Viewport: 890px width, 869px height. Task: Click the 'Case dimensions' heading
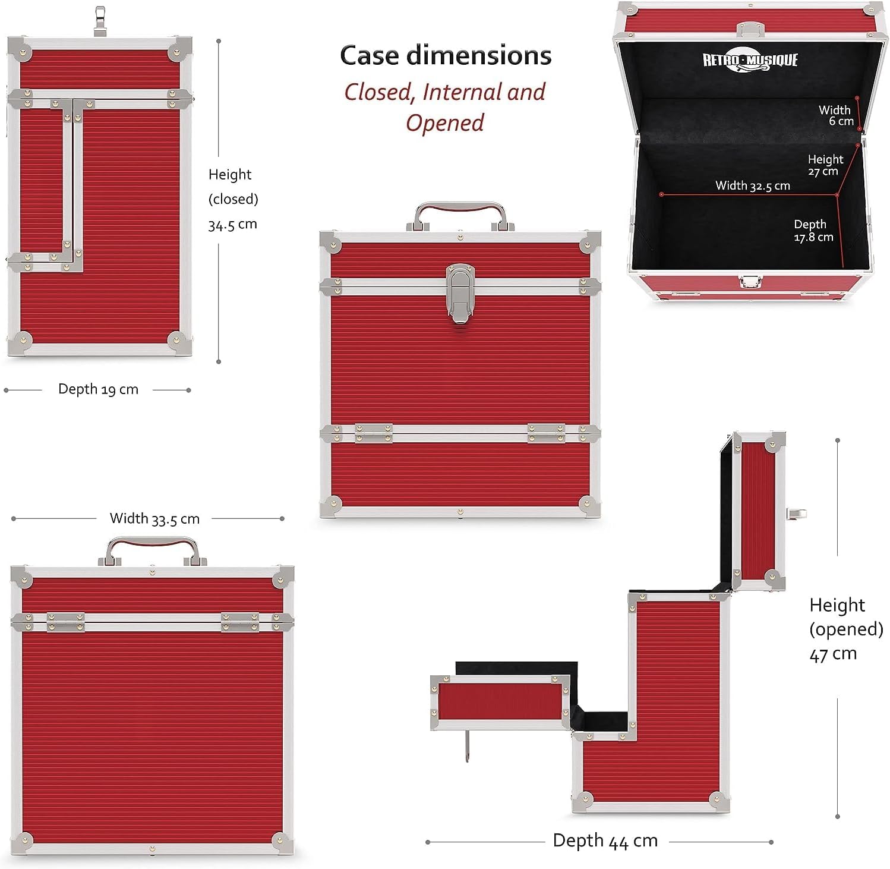pyautogui.click(x=446, y=55)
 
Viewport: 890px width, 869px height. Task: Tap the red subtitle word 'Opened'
pyautogui.click(x=445, y=123)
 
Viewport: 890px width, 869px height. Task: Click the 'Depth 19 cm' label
pyautogui.click(x=98, y=389)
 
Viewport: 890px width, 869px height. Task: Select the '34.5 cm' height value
pyautogui.click(x=232, y=225)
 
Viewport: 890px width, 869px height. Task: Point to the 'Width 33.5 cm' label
pyautogui.click(x=154, y=519)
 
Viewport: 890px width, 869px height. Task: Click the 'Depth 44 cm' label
pyautogui.click(x=605, y=840)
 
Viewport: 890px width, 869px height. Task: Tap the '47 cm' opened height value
pyautogui.click(x=833, y=654)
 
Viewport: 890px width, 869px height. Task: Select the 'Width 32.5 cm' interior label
pyautogui.click(x=753, y=185)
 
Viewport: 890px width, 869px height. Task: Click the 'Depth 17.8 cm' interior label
pyautogui.click(x=813, y=231)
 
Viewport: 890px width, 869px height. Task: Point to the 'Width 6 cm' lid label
pyautogui.click(x=836, y=115)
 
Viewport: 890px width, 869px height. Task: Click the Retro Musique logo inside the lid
pyautogui.click(x=750, y=60)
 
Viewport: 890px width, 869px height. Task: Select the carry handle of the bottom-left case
pyautogui.click(x=153, y=550)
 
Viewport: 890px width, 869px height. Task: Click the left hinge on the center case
pyautogui.click(x=374, y=433)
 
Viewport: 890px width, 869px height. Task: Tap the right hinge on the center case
pyautogui.click(x=547, y=433)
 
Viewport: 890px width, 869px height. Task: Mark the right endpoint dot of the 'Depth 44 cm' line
pyautogui.click(x=771, y=842)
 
